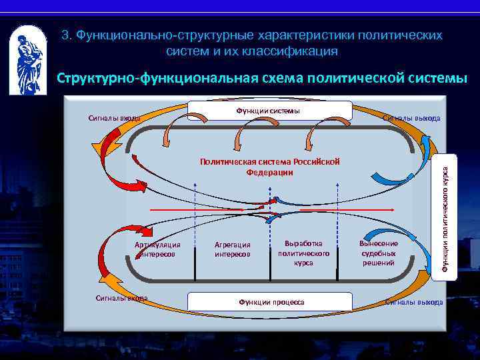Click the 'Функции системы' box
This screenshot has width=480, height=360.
pyautogui.click(x=269, y=111)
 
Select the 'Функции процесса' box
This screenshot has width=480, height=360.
pyautogui.click(x=271, y=302)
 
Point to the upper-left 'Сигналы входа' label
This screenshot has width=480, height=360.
pyautogui.click(x=114, y=118)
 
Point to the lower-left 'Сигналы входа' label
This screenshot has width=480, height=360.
pyautogui.click(x=121, y=298)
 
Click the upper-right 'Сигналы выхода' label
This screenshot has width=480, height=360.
pyautogui.click(x=411, y=118)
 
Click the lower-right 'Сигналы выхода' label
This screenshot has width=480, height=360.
pyautogui.click(x=414, y=302)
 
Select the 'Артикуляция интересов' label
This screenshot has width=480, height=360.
pyautogui.click(x=157, y=249)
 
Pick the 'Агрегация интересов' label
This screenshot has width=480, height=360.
pyautogui.click(x=233, y=249)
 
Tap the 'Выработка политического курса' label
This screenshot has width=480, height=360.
pyautogui.click(x=303, y=253)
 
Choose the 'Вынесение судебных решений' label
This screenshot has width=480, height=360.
pyautogui.click(x=378, y=253)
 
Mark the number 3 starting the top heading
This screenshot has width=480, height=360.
pyautogui.click(x=66, y=35)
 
